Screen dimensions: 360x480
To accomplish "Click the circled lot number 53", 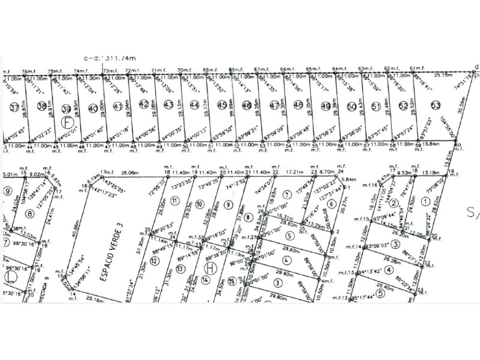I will (436, 105).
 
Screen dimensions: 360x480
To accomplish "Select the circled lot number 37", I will (14, 108).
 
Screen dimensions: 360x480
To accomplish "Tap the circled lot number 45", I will (222, 106).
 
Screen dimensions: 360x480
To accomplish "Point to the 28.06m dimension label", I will (128, 173).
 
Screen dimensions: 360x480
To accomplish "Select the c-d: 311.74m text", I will (109, 58).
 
